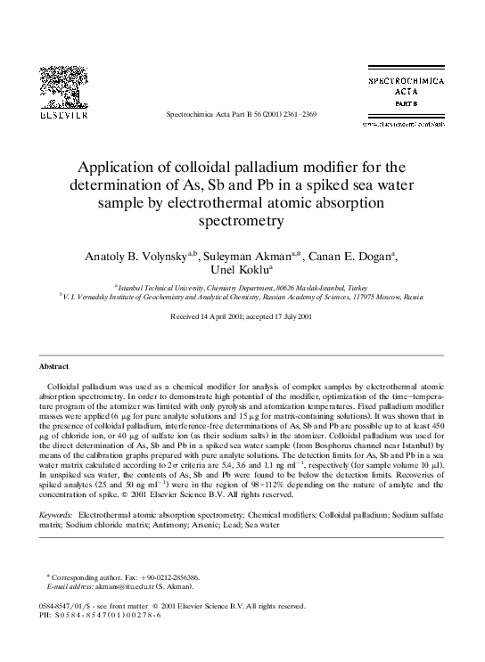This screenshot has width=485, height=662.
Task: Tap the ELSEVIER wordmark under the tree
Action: (x=60, y=116)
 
